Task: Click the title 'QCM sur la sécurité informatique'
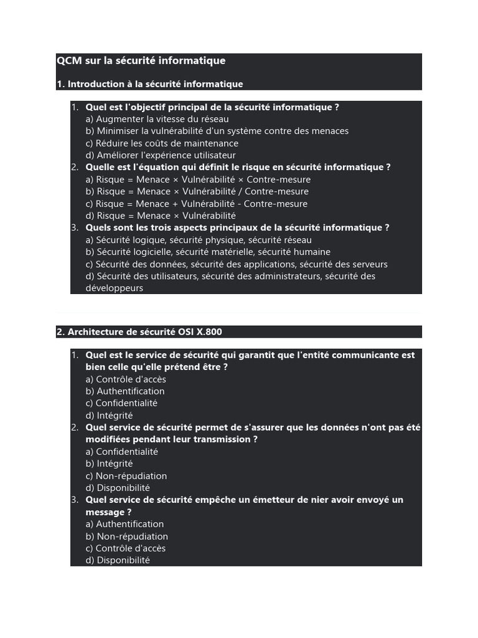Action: pyautogui.click(x=141, y=61)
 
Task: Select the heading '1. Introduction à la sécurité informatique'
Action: pyautogui.click(x=149, y=84)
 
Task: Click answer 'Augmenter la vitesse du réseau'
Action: pyautogui.click(x=157, y=119)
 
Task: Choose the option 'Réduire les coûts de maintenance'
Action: pyautogui.click(x=162, y=143)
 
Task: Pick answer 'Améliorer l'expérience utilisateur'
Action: pyautogui.click(x=161, y=155)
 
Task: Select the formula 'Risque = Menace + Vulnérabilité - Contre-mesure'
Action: pyautogui.click(x=197, y=204)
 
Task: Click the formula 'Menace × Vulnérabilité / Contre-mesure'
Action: pyautogui.click(x=202, y=191)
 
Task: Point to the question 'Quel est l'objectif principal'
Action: pyautogui.click(x=212, y=107)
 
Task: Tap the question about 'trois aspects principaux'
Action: pyautogui.click(x=237, y=228)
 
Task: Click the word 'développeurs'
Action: pyautogui.click(x=115, y=288)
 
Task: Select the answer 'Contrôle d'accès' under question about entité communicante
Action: pyautogui.click(x=126, y=379)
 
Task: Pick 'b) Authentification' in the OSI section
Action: pyautogui.click(x=125, y=391)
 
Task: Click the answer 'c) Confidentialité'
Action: pyautogui.click(x=121, y=403)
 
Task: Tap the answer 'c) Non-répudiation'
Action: pyautogui.click(x=126, y=476)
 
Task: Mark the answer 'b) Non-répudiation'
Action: pyautogui.click(x=127, y=536)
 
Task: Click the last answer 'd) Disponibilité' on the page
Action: pyautogui.click(x=118, y=560)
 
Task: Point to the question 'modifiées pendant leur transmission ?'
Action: pyautogui.click(x=172, y=439)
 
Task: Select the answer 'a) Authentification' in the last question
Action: pyautogui.click(x=124, y=524)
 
